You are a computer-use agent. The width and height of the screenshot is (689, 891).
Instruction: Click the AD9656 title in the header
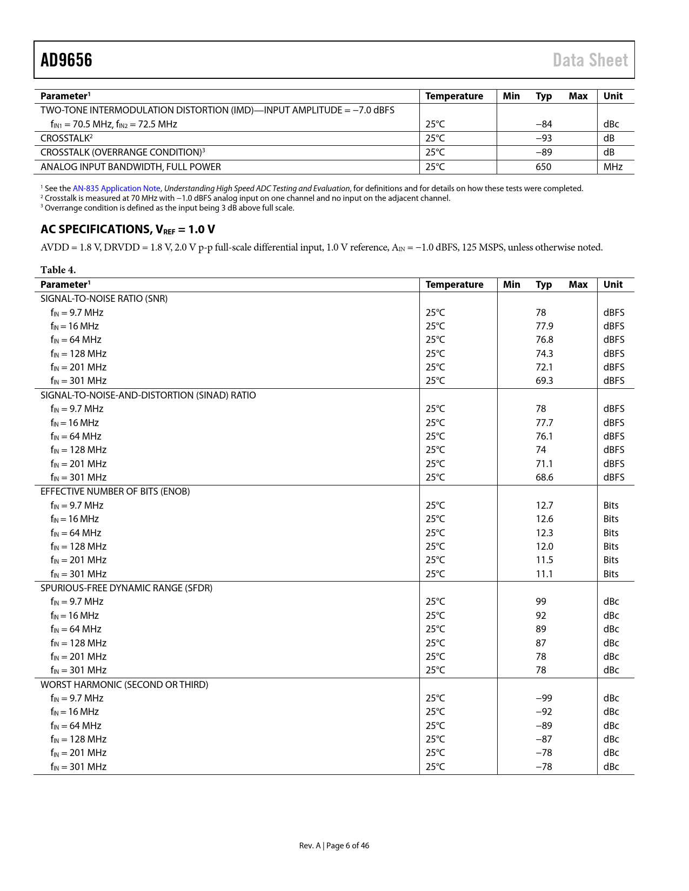[x=66, y=60]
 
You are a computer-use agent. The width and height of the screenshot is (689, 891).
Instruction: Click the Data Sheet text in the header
[x=590, y=60]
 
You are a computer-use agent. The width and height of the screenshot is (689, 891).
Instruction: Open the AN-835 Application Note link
[x=117, y=188]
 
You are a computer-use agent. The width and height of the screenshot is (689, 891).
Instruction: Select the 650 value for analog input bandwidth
[x=543, y=167]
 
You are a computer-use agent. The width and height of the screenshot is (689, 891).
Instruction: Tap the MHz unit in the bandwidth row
[x=613, y=167]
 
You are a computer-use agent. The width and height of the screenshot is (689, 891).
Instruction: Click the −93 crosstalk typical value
[x=544, y=138]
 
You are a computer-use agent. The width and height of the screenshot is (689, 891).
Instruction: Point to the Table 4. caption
[x=58, y=270]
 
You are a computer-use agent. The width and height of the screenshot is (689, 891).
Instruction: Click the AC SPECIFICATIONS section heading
[x=128, y=230]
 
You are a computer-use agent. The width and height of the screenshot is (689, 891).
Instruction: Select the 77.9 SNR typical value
[x=544, y=326]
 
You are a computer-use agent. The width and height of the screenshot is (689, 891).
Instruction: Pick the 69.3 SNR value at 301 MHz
[x=544, y=381]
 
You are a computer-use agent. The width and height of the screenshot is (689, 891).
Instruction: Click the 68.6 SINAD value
[x=544, y=477]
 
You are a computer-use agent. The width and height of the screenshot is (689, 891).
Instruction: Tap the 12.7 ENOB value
[x=544, y=505]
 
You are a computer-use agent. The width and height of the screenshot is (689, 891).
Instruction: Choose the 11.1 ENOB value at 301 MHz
[x=544, y=574]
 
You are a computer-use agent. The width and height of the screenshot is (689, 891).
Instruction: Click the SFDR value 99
[x=541, y=602]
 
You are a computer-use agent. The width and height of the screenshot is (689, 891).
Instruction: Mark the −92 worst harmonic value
[x=544, y=712]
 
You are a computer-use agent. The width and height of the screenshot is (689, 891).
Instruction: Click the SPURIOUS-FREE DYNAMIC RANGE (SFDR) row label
[x=126, y=588]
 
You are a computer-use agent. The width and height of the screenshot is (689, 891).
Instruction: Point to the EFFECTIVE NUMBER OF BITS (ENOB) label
[x=115, y=491]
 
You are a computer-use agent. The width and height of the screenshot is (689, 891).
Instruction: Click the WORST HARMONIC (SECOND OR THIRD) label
[x=124, y=685]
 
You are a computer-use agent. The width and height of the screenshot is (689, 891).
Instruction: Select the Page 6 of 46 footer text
[x=347, y=846]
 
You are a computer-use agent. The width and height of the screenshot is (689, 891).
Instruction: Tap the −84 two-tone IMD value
[x=544, y=124]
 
